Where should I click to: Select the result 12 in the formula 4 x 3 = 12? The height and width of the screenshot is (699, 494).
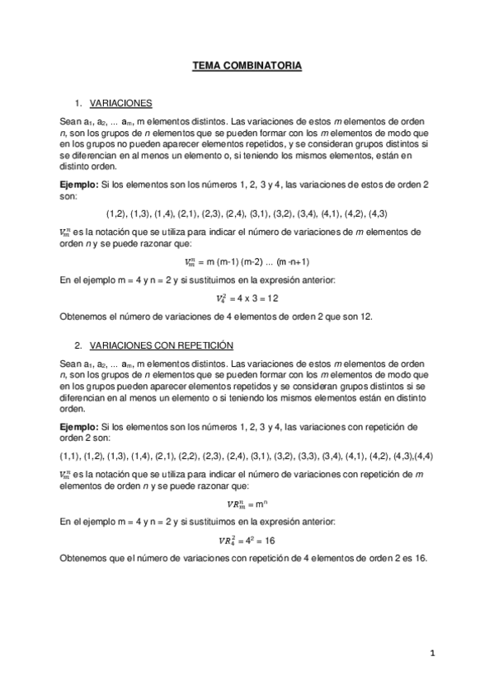[x=274, y=298]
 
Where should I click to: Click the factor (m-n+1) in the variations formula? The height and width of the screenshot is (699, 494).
[x=293, y=262]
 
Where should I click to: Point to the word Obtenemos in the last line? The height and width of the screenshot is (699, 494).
[x=85, y=558]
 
